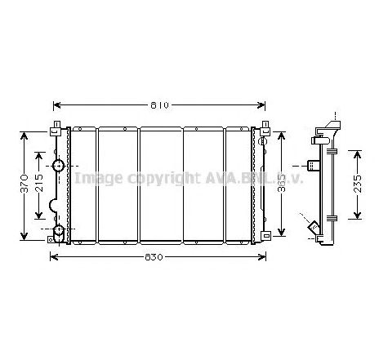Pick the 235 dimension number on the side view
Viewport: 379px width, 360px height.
point(358,184)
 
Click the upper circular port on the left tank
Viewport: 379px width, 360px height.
point(59,167)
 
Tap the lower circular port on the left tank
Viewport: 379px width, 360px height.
point(58,230)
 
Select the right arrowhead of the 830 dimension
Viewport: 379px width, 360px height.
point(264,257)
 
